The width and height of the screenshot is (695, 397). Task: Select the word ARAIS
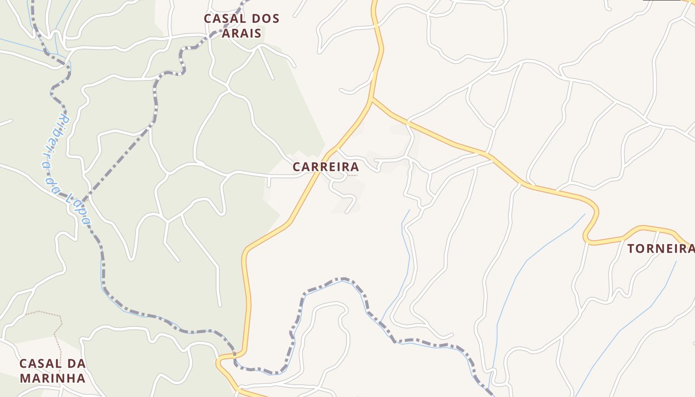[x=242, y=33]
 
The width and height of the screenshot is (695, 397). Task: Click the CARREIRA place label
[x=326, y=167]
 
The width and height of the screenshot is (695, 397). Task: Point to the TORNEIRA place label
[x=660, y=249]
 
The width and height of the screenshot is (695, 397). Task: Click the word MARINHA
[x=52, y=378]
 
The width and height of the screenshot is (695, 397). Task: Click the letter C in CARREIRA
[x=296, y=167]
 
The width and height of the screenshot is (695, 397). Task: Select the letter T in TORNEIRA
[x=631, y=249]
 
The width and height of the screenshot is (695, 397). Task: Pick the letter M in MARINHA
[x=24, y=378]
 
